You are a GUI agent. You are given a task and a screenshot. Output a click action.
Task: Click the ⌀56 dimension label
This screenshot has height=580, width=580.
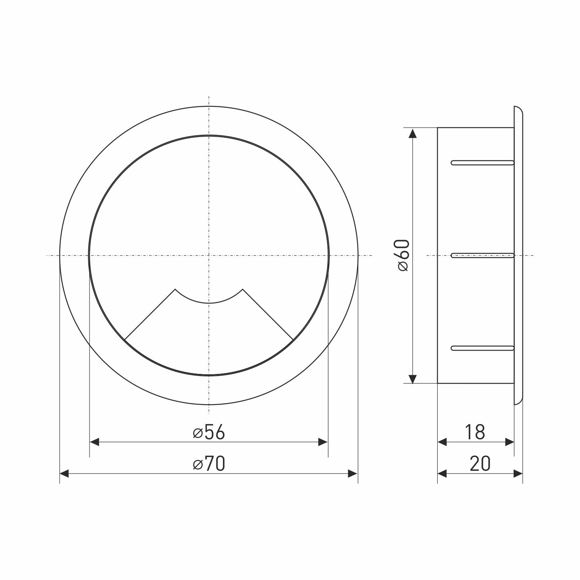click(x=209, y=432)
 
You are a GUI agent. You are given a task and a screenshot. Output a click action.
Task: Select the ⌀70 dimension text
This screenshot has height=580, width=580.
click(x=209, y=463)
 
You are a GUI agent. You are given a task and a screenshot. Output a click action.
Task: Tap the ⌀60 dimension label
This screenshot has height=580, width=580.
click(x=403, y=255)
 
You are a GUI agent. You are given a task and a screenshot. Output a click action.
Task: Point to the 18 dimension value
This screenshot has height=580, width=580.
click(x=475, y=432)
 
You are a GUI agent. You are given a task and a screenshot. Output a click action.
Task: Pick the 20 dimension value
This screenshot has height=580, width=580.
click(x=480, y=463)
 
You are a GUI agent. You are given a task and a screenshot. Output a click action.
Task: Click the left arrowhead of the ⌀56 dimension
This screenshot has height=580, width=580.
click(x=94, y=442)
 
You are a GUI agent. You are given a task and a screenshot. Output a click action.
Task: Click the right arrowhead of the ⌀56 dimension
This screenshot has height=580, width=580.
click(x=323, y=442)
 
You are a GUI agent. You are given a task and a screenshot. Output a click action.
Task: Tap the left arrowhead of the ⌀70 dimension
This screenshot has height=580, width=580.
click(x=64, y=474)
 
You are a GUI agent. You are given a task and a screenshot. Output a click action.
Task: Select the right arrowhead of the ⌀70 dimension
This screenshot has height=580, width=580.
click(x=353, y=474)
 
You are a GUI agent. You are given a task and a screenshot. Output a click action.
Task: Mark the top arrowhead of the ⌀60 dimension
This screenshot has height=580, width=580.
click(x=413, y=133)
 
